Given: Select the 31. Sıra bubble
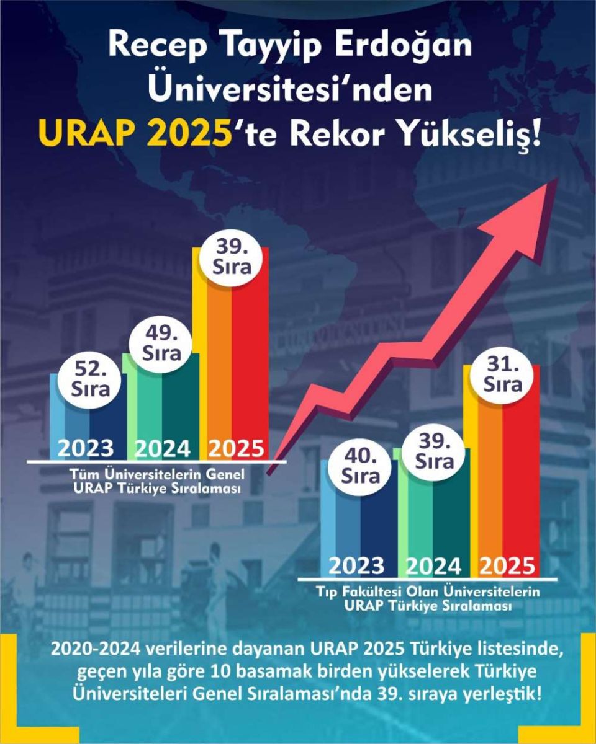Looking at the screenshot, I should pos(503,375).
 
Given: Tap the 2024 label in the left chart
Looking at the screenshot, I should pos(162,448).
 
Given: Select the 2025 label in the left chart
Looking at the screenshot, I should pos(235,448).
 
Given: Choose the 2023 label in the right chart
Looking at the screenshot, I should pos(356,565).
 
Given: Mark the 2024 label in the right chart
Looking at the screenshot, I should pos(433,565).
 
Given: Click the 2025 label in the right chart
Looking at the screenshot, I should pos(507,565).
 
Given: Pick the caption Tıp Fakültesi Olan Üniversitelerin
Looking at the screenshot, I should pos(428,591).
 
